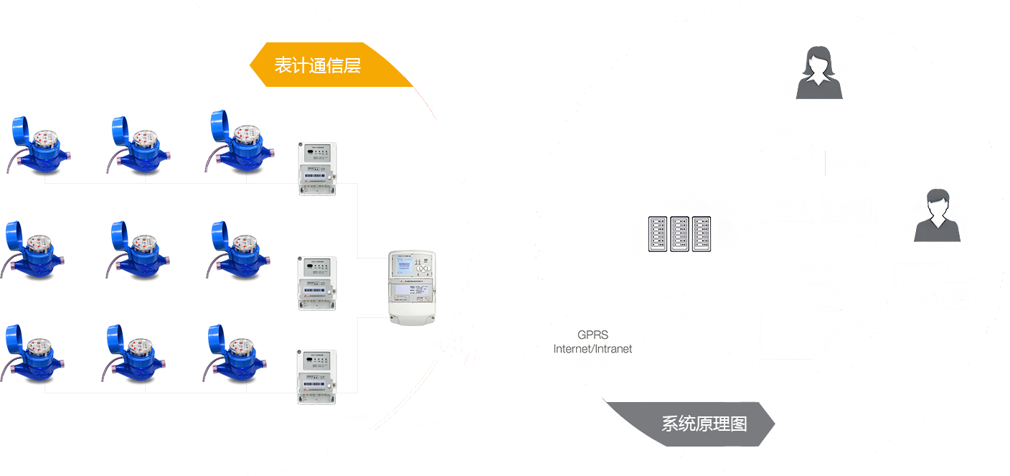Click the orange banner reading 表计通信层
[318, 65]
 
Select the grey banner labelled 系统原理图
[704, 424]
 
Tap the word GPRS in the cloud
[593, 335]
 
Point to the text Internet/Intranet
[593, 349]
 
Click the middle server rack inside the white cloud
[680, 234]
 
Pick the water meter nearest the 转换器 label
[237, 143]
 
